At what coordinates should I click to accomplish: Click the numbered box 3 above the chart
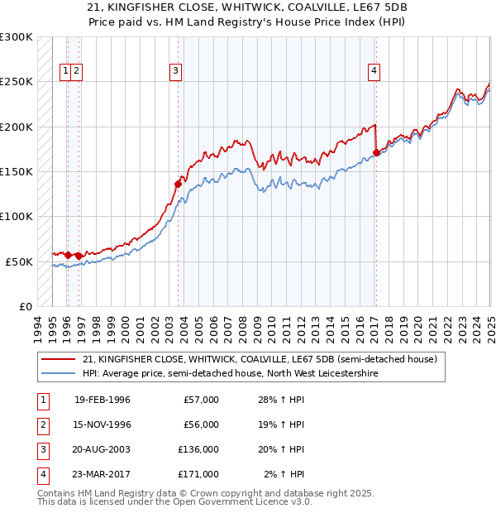click(x=176, y=71)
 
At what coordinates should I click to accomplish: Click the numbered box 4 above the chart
click(x=374, y=71)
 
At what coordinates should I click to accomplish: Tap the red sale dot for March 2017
click(x=377, y=152)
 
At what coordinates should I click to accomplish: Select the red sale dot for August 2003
click(x=178, y=184)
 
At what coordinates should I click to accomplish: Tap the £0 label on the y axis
click(x=25, y=306)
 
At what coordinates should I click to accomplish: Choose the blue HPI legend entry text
click(x=230, y=374)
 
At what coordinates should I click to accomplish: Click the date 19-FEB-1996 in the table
click(x=103, y=400)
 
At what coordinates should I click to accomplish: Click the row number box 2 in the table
click(x=41, y=424)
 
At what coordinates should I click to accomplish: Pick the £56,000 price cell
click(x=202, y=424)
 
